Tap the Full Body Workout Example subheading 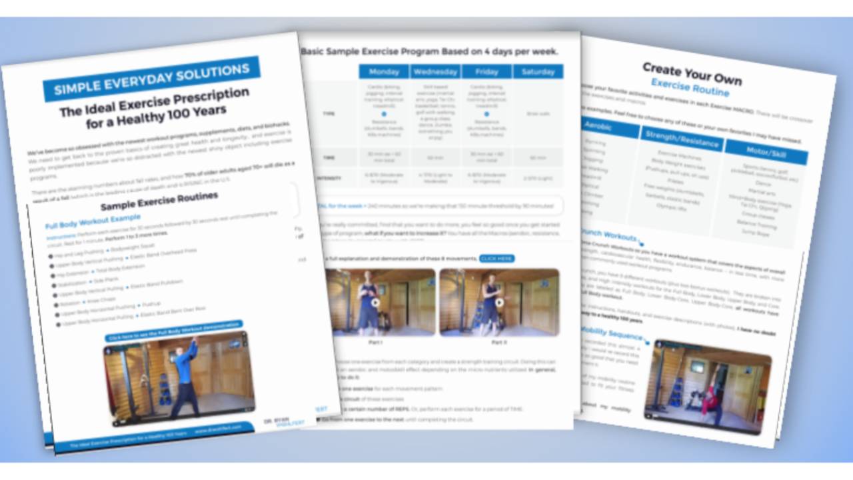[x=93, y=217]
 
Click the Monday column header [x=383, y=72]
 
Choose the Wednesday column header [x=435, y=72]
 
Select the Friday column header [x=486, y=72]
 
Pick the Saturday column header [x=538, y=72]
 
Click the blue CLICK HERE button [x=496, y=259]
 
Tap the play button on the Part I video [x=377, y=302]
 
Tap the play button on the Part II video [x=499, y=302]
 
